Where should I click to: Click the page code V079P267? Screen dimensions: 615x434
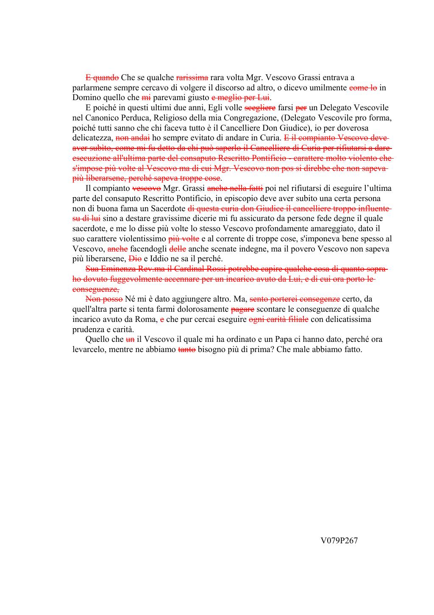[339, 540]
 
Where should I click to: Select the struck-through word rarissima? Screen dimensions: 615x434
[192, 78]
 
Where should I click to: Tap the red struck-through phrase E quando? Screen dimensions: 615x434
[102, 78]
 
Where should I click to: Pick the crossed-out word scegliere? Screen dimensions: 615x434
[260, 108]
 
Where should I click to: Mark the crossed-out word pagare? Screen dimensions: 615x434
[242, 309]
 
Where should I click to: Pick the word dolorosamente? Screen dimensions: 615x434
[206, 309]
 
